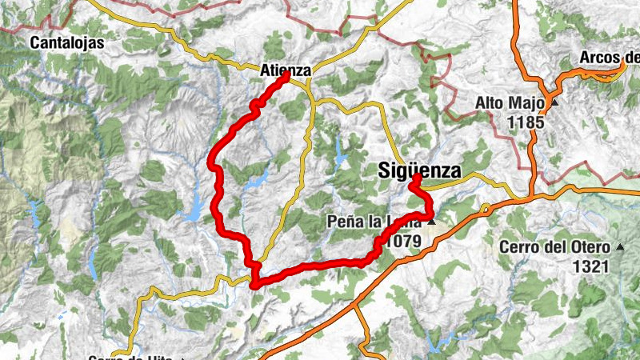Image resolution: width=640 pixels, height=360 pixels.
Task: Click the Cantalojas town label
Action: click(x=67, y=43)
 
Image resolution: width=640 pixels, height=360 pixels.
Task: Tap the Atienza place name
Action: click(x=285, y=70)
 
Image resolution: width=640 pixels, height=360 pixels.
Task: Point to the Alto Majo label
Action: click(x=510, y=103)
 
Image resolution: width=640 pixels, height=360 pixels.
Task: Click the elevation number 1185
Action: click(x=525, y=122)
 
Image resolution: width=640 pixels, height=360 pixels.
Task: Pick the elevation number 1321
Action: click(x=591, y=266)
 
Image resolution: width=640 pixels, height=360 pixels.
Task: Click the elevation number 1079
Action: click(x=403, y=239)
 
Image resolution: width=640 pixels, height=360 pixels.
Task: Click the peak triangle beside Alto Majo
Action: click(x=553, y=104)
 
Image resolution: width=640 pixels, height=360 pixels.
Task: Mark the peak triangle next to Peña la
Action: click(x=432, y=221)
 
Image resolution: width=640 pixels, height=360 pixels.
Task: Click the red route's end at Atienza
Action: click(x=286, y=76)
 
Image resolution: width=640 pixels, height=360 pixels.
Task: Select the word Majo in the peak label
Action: click(x=529, y=103)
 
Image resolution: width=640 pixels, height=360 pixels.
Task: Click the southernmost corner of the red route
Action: click(x=254, y=284)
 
